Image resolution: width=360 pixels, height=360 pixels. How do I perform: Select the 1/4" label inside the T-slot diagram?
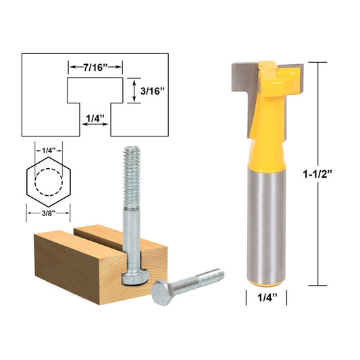(x=95, y=118)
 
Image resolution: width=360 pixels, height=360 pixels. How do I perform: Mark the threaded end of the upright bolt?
(x=131, y=169)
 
